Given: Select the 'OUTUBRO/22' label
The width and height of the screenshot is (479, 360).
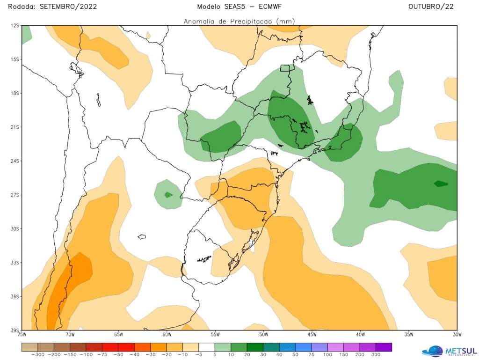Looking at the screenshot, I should point(430,7).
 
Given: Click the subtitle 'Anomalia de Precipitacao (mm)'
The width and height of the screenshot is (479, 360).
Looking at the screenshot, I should point(239,21).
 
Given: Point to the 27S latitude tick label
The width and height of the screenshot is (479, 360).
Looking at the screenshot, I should point(15,195).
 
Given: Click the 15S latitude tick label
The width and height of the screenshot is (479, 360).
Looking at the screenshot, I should point(15,59).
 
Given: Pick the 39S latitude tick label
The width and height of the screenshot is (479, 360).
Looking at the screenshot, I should point(15,330).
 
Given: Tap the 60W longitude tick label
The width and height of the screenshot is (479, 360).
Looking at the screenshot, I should point(167,335).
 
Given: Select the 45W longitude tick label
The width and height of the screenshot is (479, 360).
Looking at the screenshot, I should point(312,335).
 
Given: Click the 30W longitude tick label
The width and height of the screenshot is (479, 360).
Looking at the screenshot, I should point(457,335).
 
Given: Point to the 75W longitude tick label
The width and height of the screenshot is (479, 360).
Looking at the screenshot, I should point(22,335).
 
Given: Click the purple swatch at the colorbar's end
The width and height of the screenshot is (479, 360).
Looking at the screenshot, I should point(383,347).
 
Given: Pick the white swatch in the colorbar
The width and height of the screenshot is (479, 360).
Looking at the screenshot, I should point(207,347).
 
